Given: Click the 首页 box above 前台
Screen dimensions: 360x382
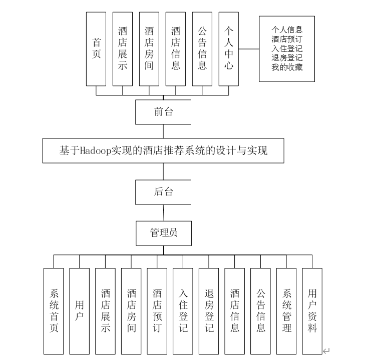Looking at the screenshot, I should click(96, 48).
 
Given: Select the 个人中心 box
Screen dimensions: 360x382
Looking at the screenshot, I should click(229, 48).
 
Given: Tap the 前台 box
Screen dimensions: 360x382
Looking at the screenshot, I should click(163, 112).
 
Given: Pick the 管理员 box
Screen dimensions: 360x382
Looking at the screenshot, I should click(163, 233).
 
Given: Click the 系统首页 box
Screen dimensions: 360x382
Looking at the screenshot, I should click(54, 310).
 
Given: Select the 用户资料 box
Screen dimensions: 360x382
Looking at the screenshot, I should click(312, 310).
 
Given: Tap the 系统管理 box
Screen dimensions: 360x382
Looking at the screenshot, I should click(286, 310).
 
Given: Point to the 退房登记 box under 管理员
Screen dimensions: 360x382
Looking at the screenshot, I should click(209, 310).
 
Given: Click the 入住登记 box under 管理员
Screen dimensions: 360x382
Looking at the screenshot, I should click(183, 310).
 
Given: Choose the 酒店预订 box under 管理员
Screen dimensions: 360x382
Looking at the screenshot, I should click(157, 310).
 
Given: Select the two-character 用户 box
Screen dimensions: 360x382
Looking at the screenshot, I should click(80, 310).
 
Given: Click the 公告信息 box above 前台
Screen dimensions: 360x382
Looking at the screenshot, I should click(202, 48).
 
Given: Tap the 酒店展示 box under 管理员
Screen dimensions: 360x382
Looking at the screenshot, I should click(106, 310).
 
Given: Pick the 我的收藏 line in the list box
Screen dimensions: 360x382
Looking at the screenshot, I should click(287, 67).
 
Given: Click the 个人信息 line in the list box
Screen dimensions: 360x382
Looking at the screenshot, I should click(287, 30).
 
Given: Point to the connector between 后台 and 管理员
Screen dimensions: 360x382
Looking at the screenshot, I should click(163, 212).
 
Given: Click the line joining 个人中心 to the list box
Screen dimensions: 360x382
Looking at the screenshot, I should click(249, 48).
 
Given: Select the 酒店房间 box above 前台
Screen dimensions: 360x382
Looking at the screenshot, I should click(149, 48).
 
